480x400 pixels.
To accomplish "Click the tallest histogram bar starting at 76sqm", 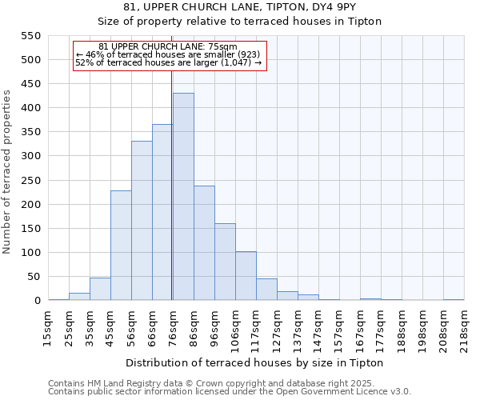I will coord(183,197).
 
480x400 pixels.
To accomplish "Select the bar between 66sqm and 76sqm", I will coord(162,213).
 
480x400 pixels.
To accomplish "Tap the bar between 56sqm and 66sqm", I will coord(142,221).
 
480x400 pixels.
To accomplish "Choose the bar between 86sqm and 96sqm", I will coord(204,243).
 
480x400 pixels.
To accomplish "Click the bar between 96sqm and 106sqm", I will coord(225,262).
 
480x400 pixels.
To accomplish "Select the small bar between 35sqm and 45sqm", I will coord(100,290).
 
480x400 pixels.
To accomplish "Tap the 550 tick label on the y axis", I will coord(30,36).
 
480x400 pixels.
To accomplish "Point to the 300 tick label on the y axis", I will coord(30,156).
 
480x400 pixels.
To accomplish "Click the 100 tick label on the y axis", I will coord(30,253).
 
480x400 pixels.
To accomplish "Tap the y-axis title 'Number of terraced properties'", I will coord(8,172).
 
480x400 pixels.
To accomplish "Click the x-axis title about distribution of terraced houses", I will coord(255,362).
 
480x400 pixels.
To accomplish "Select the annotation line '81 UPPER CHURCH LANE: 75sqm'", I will coord(168,47).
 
